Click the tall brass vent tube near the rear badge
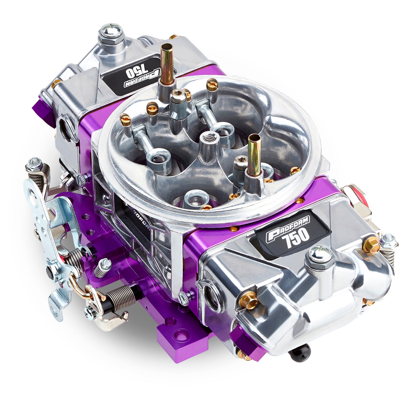click(166, 64)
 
